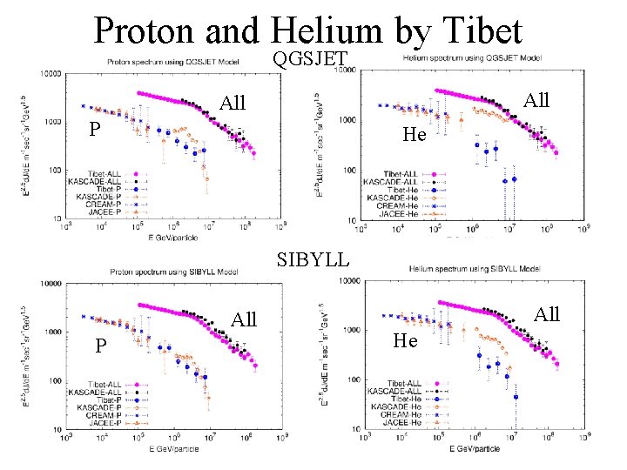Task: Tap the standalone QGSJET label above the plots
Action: click(x=310, y=59)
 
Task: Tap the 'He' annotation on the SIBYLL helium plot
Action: click(x=405, y=340)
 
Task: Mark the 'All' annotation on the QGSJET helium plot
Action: click(x=536, y=100)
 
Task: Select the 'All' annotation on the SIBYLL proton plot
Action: click(x=244, y=319)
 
